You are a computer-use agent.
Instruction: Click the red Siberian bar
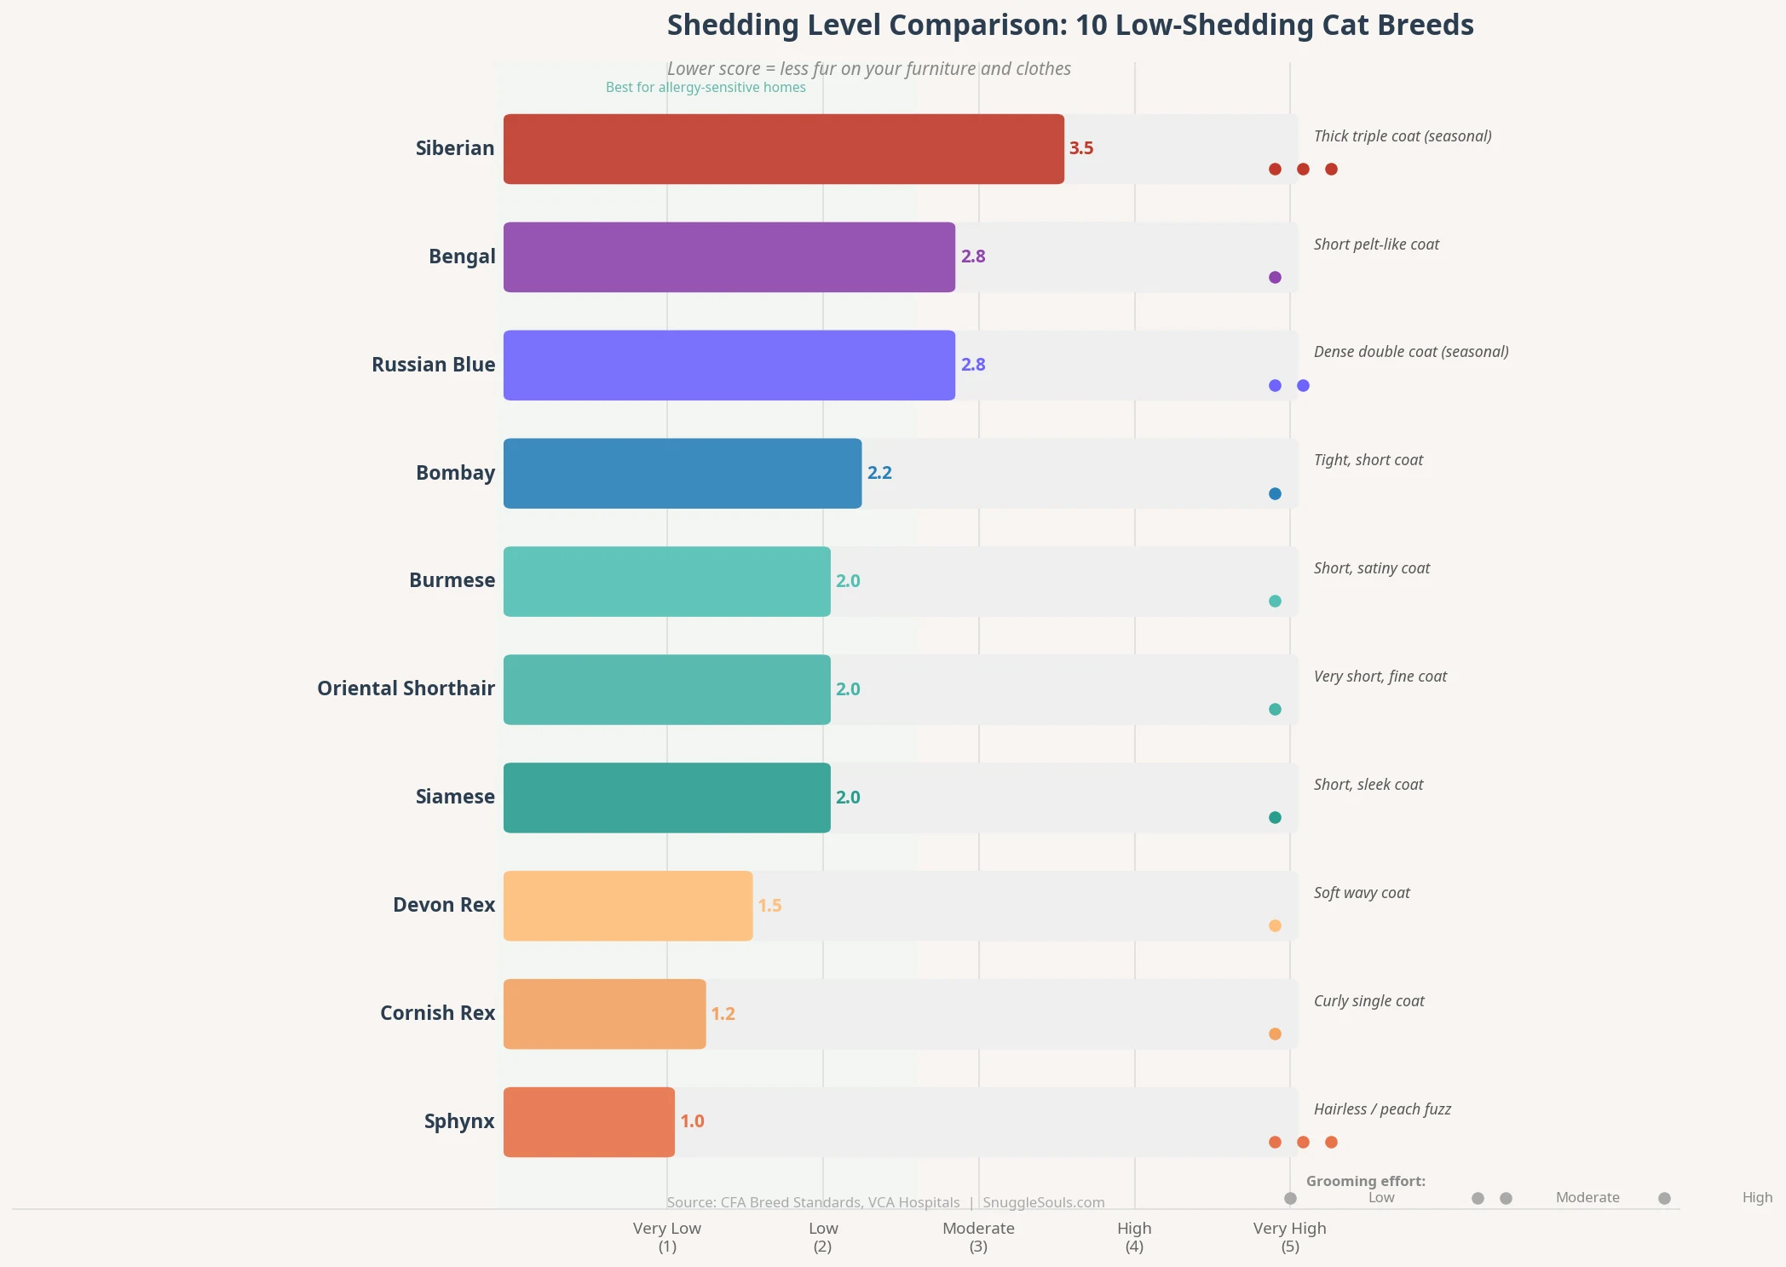pos(783,149)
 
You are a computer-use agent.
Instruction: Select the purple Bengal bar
pos(729,257)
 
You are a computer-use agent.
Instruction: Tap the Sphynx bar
pos(589,1122)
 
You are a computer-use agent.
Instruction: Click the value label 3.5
pos(1080,148)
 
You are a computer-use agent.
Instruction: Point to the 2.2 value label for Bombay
pos(879,473)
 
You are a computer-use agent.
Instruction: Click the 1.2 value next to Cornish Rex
pos(723,1014)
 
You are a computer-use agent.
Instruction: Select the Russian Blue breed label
pos(433,365)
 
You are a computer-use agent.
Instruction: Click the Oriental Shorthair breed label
pos(406,688)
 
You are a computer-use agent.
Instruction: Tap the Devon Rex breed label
pos(443,905)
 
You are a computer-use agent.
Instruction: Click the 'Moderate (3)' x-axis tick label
pos(978,1237)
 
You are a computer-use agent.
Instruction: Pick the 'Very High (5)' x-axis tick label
pos(1289,1237)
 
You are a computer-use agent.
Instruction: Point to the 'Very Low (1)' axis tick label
pos(666,1237)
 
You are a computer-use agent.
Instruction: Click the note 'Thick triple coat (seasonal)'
pos(1402,136)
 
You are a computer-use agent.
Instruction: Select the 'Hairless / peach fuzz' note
pos(1381,1109)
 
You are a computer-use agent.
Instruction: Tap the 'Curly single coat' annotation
pos(1368,1001)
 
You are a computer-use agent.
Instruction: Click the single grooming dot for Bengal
pos(1275,277)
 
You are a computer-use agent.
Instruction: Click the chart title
pos(1069,26)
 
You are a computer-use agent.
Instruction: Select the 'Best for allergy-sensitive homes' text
pos(705,88)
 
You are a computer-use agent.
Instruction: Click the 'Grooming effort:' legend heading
pos(1365,1181)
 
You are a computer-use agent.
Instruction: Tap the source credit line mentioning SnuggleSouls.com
pos(884,1202)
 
